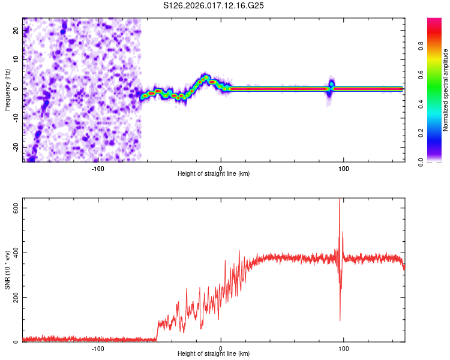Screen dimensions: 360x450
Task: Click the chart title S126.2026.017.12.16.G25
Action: tap(214, 5)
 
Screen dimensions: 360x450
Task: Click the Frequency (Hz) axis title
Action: tap(8, 89)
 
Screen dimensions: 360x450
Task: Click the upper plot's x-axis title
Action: tap(214, 173)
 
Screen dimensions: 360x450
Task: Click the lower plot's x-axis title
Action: tap(214, 353)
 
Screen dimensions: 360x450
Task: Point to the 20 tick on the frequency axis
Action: tap(16, 31)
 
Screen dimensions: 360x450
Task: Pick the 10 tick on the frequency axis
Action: tap(16, 60)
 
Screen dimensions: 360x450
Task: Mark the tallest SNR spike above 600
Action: tap(340, 202)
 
